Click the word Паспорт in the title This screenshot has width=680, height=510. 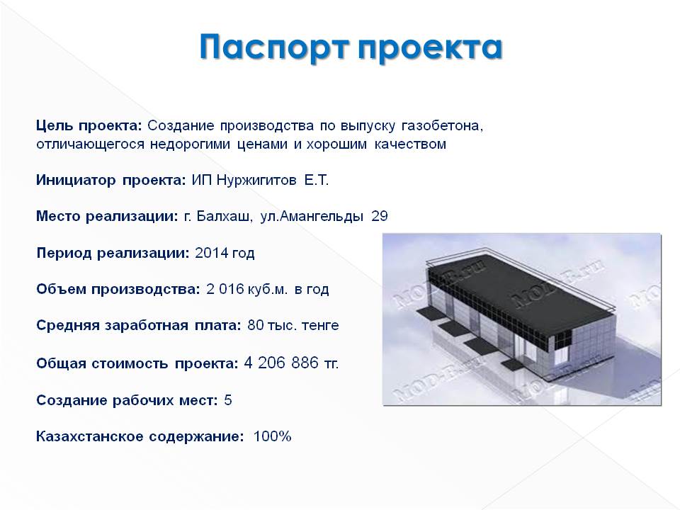274,47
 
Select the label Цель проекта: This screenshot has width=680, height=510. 89,126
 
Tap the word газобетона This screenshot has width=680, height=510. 442,126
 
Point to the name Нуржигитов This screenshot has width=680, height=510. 256,180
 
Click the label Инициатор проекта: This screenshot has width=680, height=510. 111,180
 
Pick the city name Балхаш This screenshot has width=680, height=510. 224,216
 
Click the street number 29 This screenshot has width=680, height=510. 380,216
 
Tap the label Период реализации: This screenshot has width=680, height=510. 113,254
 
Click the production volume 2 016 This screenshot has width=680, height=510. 225,289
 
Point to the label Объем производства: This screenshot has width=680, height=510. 118,289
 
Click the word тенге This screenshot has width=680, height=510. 320,325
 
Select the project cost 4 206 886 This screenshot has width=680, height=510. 281,363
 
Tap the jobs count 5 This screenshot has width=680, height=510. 228,399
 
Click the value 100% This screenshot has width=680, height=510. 272,436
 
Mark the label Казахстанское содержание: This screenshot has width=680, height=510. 140,436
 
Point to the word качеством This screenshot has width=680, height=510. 410,144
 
